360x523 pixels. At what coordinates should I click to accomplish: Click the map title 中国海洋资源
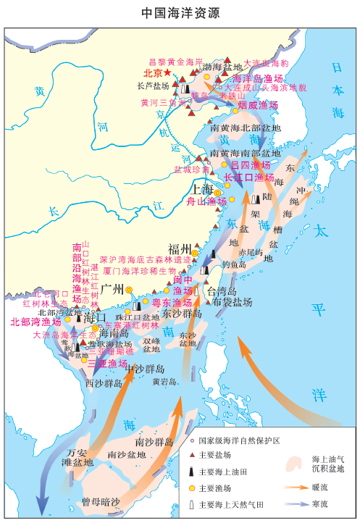coord(180,14)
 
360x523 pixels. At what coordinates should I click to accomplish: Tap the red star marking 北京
coord(168,73)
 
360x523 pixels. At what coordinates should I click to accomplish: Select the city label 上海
coord(203,190)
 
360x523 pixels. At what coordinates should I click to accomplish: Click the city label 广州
coord(114,288)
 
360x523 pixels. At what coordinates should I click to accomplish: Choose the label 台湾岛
coord(217,290)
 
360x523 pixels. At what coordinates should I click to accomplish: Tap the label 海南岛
coord(114,334)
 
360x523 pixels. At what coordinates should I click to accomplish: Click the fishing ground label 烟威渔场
coord(258,105)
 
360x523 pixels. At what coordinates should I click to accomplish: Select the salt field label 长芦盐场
coord(151,85)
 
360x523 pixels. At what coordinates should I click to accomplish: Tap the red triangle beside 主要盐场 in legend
coord(191,455)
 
